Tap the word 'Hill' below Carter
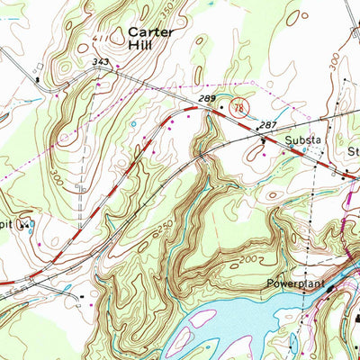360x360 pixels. (x=142, y=44)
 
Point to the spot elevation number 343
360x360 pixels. (x=103, y=62)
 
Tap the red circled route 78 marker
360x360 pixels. (x=239, y=105)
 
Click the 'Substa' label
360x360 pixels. (x=302, y=141)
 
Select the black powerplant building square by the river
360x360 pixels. (x=329, y=289)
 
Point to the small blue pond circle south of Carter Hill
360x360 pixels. (x=134, y=123)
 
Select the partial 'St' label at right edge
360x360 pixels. (x=354, y=152)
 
